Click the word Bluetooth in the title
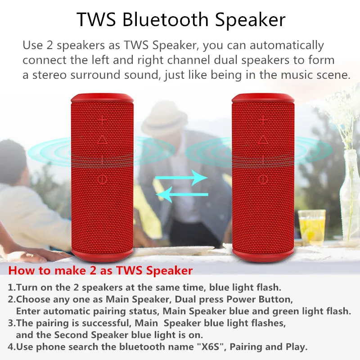(x=165, y=19)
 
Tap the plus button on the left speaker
(x=103, y=120)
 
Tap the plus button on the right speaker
(x=263, y=120)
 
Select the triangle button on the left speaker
(x=103, y=139)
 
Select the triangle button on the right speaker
(x=263, y=139)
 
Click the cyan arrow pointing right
(x=181, y=177)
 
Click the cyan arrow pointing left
(x=182, y=195)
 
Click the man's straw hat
(x=164, y=119)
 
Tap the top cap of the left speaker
(x=102, y=98)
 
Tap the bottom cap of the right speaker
(x=263, y=256)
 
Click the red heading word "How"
(x=22, y=270)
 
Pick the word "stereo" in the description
(x=49, y=75)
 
